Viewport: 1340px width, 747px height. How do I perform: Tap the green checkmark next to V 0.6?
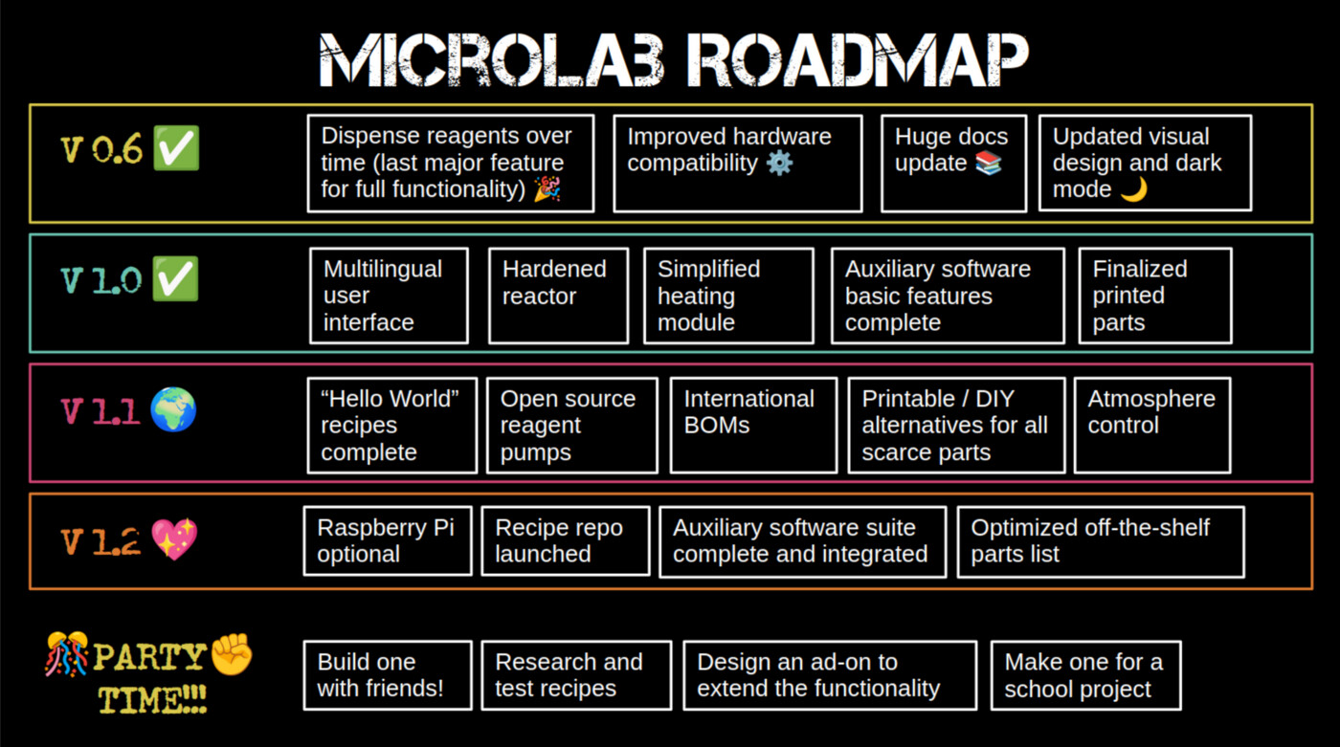[x=176, y=151]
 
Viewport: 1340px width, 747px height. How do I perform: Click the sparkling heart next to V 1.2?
[x=174, y=540]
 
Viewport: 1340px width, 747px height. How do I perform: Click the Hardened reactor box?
[x=558, y=296]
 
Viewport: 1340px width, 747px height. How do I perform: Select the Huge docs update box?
[x=953, y=163]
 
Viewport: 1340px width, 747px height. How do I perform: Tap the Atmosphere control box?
[x=1151, y=425]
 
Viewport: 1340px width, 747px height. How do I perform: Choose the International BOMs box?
[x=753, y=425]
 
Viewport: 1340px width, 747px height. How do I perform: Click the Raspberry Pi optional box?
[x=388, y=540]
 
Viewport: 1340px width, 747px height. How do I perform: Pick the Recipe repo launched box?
[x=565, y=540]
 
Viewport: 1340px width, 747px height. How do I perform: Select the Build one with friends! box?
[x=388, y=675]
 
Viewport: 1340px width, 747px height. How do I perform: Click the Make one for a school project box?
[x=1085, y=675]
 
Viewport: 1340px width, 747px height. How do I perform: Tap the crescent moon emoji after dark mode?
[x=1133, y=189]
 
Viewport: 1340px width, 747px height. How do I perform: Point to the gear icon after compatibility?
[x=780, y=163]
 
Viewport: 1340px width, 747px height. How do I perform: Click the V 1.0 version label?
[x=100, y=281]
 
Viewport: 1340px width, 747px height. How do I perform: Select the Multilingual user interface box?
[x=389, y=296]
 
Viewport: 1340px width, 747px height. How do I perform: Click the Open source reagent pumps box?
[x=571, y=425]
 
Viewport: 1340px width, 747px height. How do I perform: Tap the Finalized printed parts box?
[x=1154, y=296]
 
